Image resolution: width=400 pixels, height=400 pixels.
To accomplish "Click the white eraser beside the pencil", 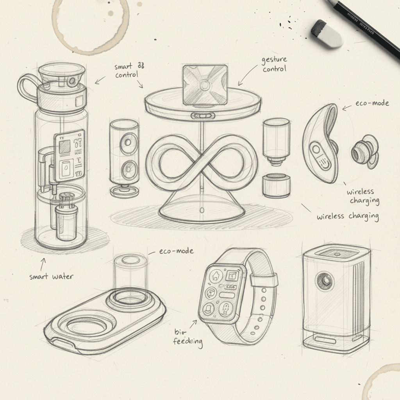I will click(327, 34).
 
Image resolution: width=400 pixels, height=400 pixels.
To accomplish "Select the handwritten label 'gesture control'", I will click(274, 64).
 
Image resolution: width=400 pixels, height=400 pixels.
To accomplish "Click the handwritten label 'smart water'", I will click(51, 277).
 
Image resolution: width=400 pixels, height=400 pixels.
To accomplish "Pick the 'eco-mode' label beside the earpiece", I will click(372, 104).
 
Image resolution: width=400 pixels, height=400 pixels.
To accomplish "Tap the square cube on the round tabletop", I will click(205, 85).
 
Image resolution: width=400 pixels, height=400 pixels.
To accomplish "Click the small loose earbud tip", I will click(363, 152).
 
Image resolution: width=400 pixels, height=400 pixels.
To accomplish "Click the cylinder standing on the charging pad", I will click(130, 273).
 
